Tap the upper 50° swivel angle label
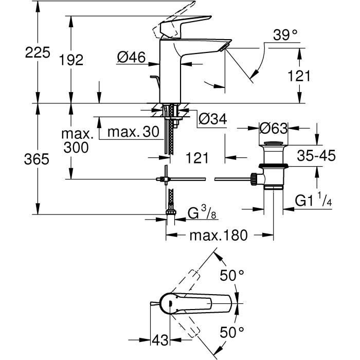[232, 275]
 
